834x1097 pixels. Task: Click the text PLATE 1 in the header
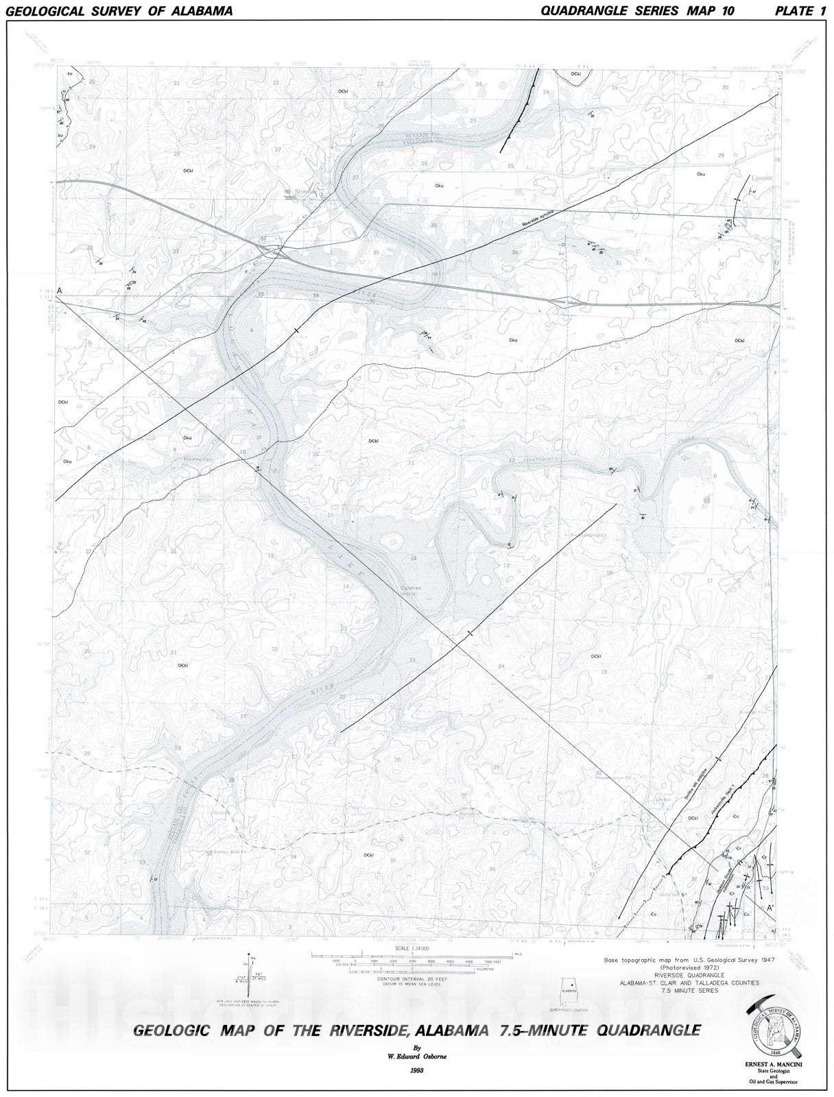tap(800, 10)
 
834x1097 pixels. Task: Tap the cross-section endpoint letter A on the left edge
tap(60, 291)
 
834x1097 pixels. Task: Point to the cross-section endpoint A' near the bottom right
tap(770, 908)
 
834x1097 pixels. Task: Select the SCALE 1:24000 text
tap(412, 948)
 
